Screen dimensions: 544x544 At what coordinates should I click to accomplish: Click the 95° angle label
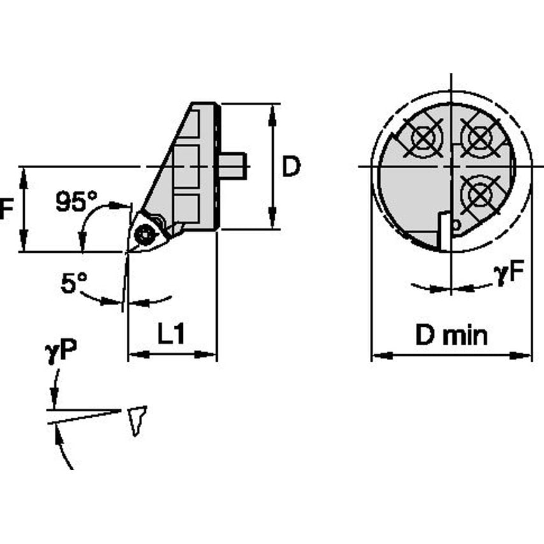pyautogui.click(x=75, y=202)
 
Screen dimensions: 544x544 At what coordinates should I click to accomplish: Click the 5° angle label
pyautogui.click(x=74, y=283)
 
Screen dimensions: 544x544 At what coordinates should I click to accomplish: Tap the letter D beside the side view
pyautogui.click(x=291, y=167)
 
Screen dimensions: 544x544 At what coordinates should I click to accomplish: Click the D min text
pyautogui.click(x=451, y=334)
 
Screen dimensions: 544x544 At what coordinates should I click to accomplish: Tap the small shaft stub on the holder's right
pyautogui.click(x=233, y=166)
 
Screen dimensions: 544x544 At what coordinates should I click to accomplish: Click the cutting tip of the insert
pyautogui.click(x=129, y=250)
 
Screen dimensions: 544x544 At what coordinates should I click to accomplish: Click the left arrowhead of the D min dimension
pyautogui.click(x=376, y=355)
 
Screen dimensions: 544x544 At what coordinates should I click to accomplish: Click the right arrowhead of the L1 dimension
pyautogui.click(x=212, y=354)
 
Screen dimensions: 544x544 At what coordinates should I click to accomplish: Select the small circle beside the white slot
pyautogui.click(x=456, y=224)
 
